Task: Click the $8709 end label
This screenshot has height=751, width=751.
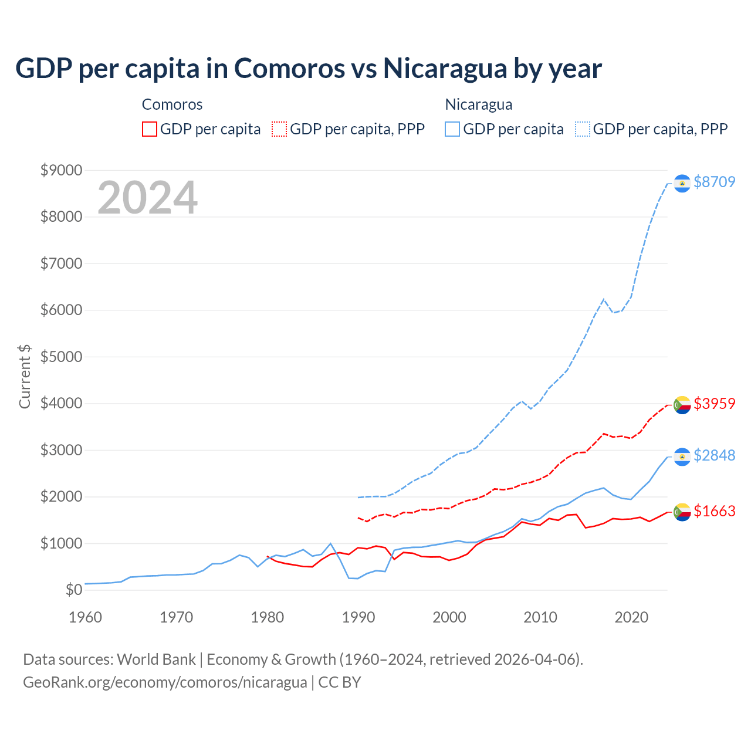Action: click(x=714, y=182)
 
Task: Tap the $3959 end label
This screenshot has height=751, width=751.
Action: click(x=714, y=404)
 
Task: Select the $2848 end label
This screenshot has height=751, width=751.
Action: click(x=714, y=455)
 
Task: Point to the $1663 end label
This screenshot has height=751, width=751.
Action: click(x=714, y=511)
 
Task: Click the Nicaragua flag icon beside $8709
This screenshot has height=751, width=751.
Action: click(x=682, y=184)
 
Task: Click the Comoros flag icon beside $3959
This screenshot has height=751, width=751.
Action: click(x=682, y=405)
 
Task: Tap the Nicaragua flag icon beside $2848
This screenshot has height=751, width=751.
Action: click(x=682, y=456)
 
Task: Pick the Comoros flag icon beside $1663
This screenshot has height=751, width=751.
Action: click(x=682, y=512)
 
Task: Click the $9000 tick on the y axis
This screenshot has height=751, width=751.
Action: click(x=61, y=170)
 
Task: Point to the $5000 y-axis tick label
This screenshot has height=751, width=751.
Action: click(x=61, y=357)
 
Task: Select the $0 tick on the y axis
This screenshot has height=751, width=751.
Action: click(x=73, y=590)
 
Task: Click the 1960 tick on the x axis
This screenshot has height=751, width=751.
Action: click(x=86, y=617)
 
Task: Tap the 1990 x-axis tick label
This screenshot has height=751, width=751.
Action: click(x=358, y=617)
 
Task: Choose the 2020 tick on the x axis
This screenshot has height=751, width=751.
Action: click(x=631, y=617)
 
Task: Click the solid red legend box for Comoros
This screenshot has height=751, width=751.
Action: click(x=150, y=129)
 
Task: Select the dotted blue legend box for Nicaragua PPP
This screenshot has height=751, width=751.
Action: click(x=583, y=129)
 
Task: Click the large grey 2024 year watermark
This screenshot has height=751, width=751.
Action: click(x=147, y=198)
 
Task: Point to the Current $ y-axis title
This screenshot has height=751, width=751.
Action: click(x=25, y=377)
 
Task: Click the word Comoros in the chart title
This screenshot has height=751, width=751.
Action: click(x=290, y=68)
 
